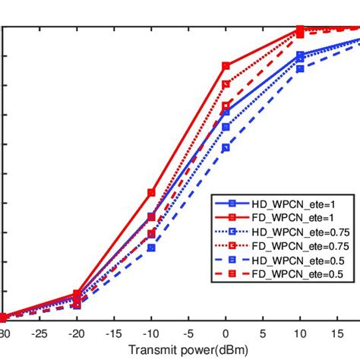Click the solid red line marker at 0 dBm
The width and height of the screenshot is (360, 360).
pyautogui.click(x=226, y=66)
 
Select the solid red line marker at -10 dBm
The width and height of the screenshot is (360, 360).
pyautogui.click(x=151, y=192)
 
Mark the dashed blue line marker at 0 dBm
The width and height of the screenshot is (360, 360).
pyautogui.click(x=226, y=147)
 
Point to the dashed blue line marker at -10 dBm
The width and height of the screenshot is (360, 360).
pyautogui.click(x=151, y=248)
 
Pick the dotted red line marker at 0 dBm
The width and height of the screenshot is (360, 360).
pyautogui.click(x=226, y=84)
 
